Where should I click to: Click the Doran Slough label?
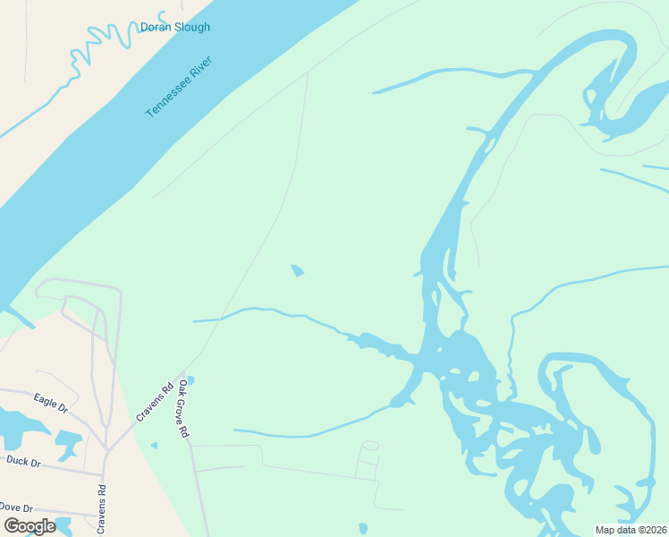[175, 27]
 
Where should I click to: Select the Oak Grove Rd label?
[183, 409]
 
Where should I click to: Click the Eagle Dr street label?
[50, 402]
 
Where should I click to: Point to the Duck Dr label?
[23, 462]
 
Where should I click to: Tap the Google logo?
[30, 526]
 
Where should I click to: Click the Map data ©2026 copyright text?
[631, 530]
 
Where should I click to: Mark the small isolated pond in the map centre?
[297, 269]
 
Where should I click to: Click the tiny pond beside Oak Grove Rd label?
[190, 380]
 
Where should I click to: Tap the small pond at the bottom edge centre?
[362, 528]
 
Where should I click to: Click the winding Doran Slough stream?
[89, 54]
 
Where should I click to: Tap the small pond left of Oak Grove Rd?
[154, 445]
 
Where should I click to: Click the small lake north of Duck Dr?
[68, 439]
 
